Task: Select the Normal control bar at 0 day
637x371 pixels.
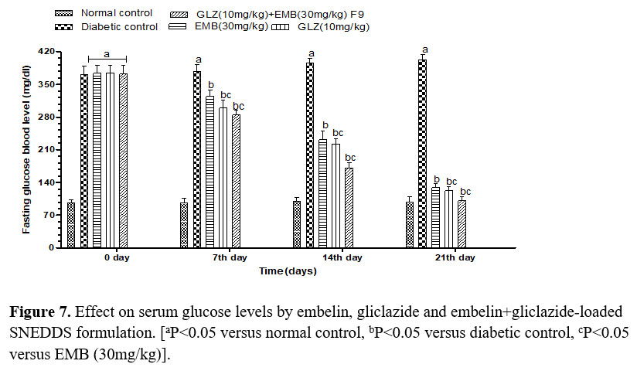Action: click(x=71, y=225)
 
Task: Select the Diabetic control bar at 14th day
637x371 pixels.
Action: click(x=310, y=155)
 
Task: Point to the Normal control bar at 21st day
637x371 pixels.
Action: click(x=410, y=225)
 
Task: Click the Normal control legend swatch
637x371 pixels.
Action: click(x=65, y=14)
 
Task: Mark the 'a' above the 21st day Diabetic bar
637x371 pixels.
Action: click(x=424, y=49)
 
